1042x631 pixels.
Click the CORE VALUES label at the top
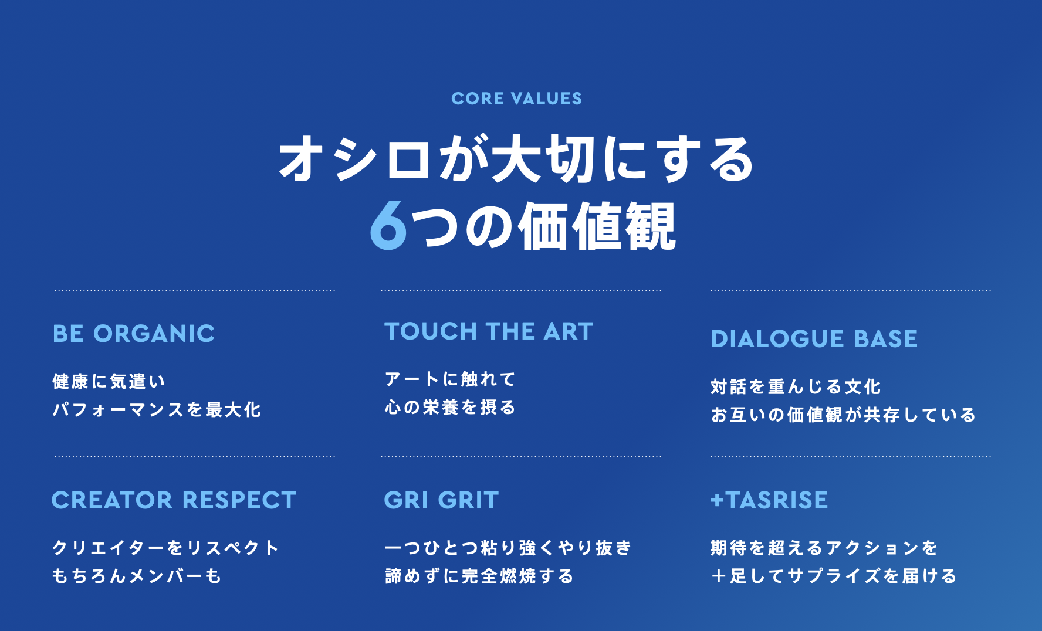pyautogui.click(x=516, y=99)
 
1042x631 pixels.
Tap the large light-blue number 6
pyautogui.click(x=388, y=226)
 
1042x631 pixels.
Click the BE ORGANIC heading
pyautogui.click(x=134, y=334)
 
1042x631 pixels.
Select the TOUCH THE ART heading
pyautogui.click(x=489, y=331)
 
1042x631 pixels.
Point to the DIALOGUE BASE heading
pyautogui.click(x=814, y=339)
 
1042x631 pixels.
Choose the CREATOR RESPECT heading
pyautogui.click(x=174, y=500)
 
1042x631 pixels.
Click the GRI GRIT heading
pyautogui.click(x=441, y=500)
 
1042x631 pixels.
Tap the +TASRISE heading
pyautogui.click(x=769, y=500)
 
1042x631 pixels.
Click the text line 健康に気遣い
pyautogui.click(x=109, y=381)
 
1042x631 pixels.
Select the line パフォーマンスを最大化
pyautogui.click(x=157, y=409)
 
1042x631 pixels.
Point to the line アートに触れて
pyautogui.click(x=450, y=379)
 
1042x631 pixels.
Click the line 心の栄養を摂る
pyautogui.click(x=450, y=407)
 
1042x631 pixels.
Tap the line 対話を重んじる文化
pyautogui.click(x=796, y=386)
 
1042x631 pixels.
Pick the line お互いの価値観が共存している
pyautogui.click(x=843, y=415)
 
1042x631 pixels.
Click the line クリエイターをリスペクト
pyautogui.click(x=165, y=548)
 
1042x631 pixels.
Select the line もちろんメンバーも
pyautogui.click(x=137, y=576)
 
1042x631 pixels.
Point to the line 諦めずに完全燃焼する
pyautogui.click(x=479, y=576)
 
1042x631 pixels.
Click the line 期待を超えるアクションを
pyautogui.click(x=824, y=548)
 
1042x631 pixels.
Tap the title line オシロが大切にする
pyautogui.click(x=516, y=158)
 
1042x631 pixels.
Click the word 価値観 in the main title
pyautogui.click(x=597, y=226)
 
